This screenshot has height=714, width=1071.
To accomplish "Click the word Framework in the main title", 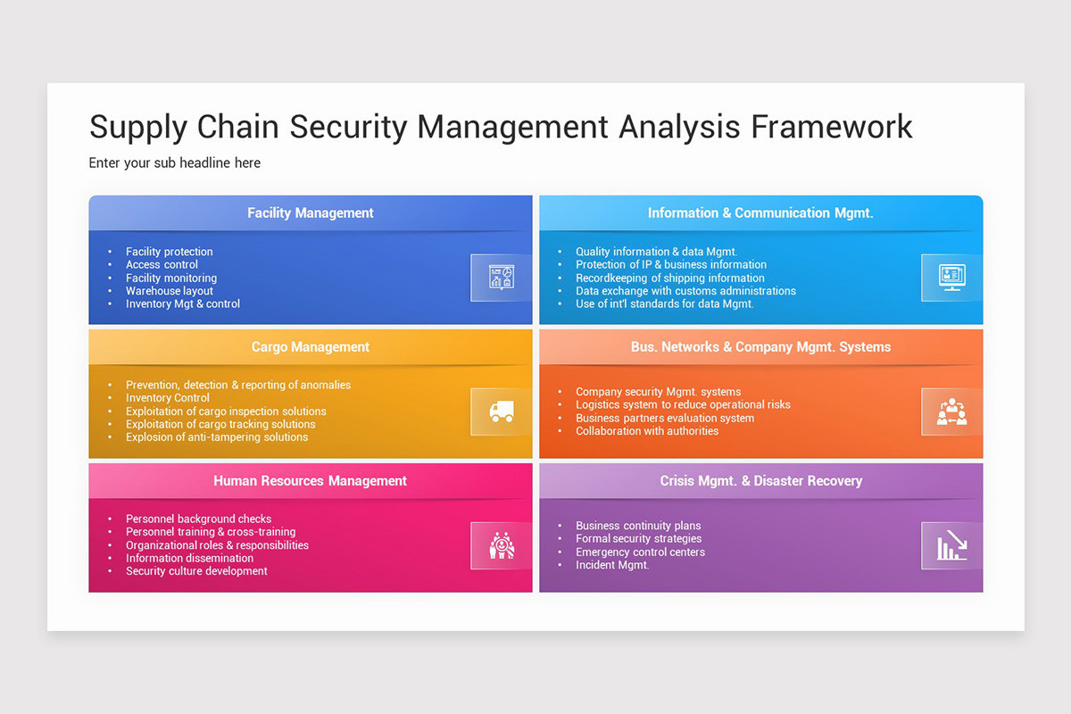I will click(x=831, y=127).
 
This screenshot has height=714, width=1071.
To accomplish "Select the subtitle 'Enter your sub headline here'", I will click(x=175, y=163).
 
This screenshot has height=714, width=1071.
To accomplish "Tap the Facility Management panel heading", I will click(x=311, y=213).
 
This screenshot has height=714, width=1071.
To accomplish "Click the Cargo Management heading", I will click(x=311, y=347).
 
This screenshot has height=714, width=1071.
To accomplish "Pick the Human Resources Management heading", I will click(x=311, y=481).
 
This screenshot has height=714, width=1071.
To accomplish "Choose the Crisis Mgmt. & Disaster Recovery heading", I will click(x=760, y=481).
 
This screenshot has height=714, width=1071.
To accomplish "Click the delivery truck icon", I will click(x=502, y=411).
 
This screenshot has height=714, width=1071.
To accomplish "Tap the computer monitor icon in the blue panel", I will click(x=951, y=278).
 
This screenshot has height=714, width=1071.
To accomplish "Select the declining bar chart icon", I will click(x=951, y=545).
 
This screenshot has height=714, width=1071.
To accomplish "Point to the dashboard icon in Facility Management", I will click(x=502, y=278).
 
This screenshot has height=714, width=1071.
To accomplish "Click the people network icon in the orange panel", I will click(x=951, y=411).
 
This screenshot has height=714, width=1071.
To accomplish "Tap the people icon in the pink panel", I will click(x=502, y=545).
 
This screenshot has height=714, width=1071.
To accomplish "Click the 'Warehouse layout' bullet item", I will click(x=170, y=291).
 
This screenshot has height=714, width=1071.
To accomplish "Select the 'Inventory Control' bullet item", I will click(x=168, y=398).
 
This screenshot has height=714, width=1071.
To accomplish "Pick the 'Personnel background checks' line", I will click(x=198, y=519).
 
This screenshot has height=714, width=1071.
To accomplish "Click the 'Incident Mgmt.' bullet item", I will click(x=612, y=565).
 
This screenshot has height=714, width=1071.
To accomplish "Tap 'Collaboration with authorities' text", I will click(x=647, y=431).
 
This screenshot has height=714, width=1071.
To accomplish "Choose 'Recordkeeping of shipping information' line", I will click(x=669, y=278).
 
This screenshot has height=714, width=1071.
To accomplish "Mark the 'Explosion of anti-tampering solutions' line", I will click(x=217, y=437).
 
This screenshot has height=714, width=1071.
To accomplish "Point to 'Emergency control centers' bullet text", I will click(x=640, y=552).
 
